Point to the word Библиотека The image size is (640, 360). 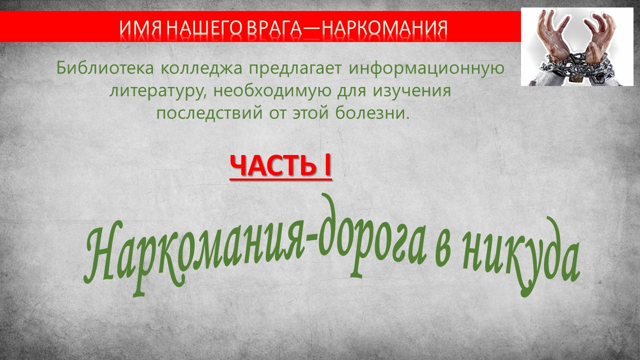coord(105,68)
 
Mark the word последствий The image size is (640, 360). coord(209,113)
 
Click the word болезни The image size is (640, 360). coord(370,112)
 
